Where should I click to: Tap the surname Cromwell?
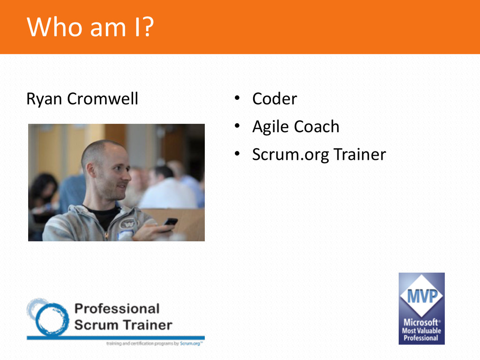(x=103, y=98)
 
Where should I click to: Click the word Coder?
(x=275, y=98)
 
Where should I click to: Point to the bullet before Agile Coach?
(x=237, y=126)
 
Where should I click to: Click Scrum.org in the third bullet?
(x=291, y=155)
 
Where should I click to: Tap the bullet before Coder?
(x=237, y=98)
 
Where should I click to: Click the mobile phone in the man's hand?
(x=170, y=222)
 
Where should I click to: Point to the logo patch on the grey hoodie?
(x=128, y=224)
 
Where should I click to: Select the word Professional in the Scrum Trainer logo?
(x=117, y=308)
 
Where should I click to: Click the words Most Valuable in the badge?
(x=421, y=330)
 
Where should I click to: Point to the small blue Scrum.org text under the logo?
(x=190, y=344)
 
